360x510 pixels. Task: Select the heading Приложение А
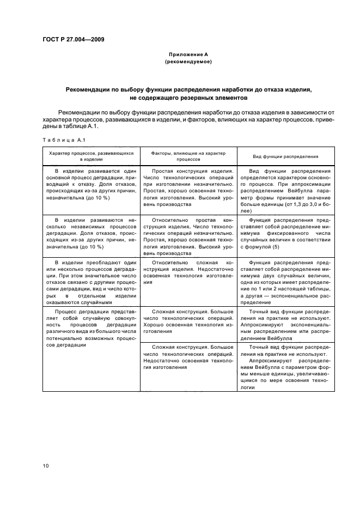point(188,54)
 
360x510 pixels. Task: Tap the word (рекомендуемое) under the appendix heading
point(188,62)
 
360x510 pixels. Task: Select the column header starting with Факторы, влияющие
point(188,156)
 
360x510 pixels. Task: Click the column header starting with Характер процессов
point(91,156)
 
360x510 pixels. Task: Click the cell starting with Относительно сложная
point(188,272)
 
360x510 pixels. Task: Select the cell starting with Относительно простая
point(188,234)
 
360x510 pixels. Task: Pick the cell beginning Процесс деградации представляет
point(91,327)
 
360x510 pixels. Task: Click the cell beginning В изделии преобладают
point(91,282)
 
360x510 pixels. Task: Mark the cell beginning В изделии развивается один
point(91,184)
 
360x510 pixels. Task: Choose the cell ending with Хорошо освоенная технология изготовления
point(188,321)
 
